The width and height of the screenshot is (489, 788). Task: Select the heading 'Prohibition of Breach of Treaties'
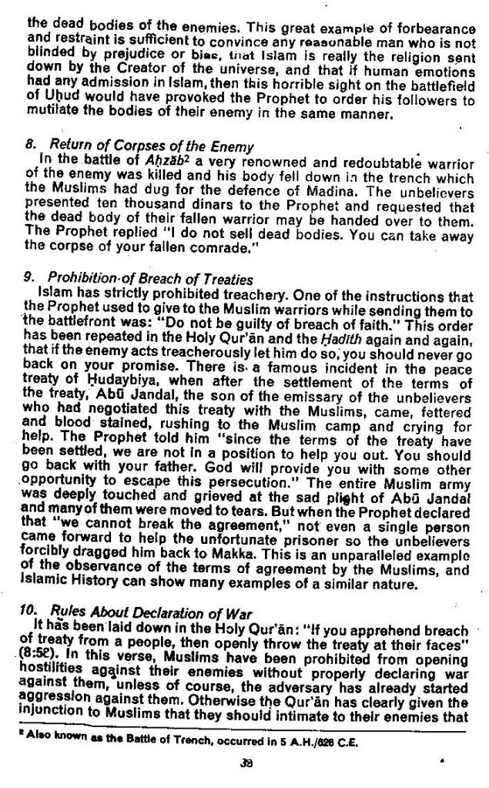[x=150, y=278]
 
